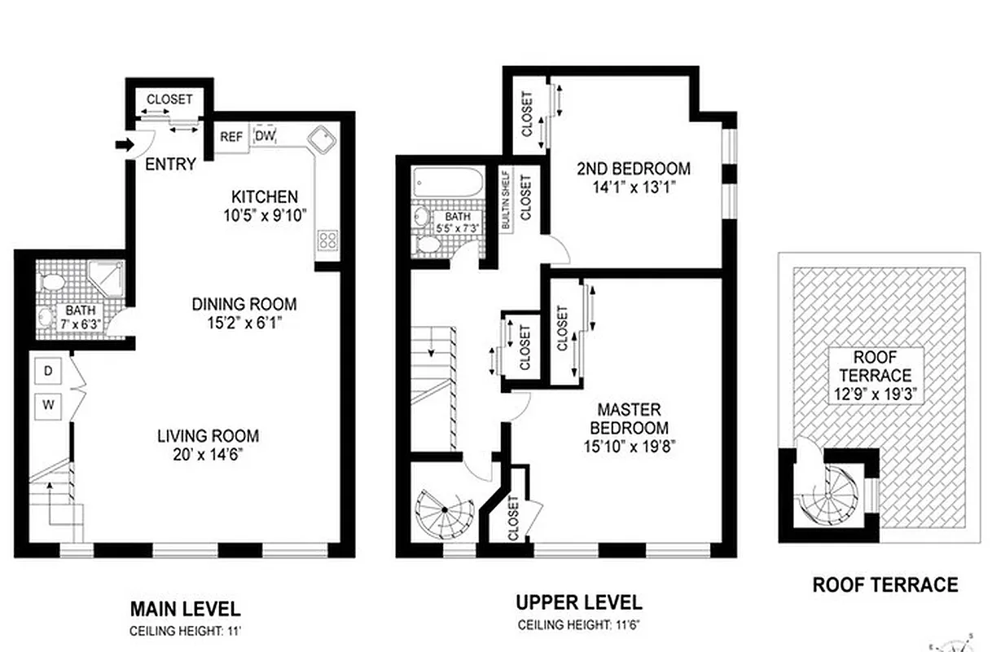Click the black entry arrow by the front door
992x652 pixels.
click(x=123, y=146)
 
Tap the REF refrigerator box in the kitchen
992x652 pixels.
click(x=231, y=137)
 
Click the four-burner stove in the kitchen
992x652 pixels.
click(x=327, y=240)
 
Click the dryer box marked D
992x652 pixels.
click(x=48, y=372)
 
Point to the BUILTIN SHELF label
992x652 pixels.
click(x=506, y=200)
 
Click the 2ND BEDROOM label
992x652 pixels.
click(x=633, y=169)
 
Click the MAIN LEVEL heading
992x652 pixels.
click(x=185, y=609)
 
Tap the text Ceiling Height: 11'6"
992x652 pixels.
click(x=578, y=626)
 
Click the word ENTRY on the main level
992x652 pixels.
click(x=170, y=165)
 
